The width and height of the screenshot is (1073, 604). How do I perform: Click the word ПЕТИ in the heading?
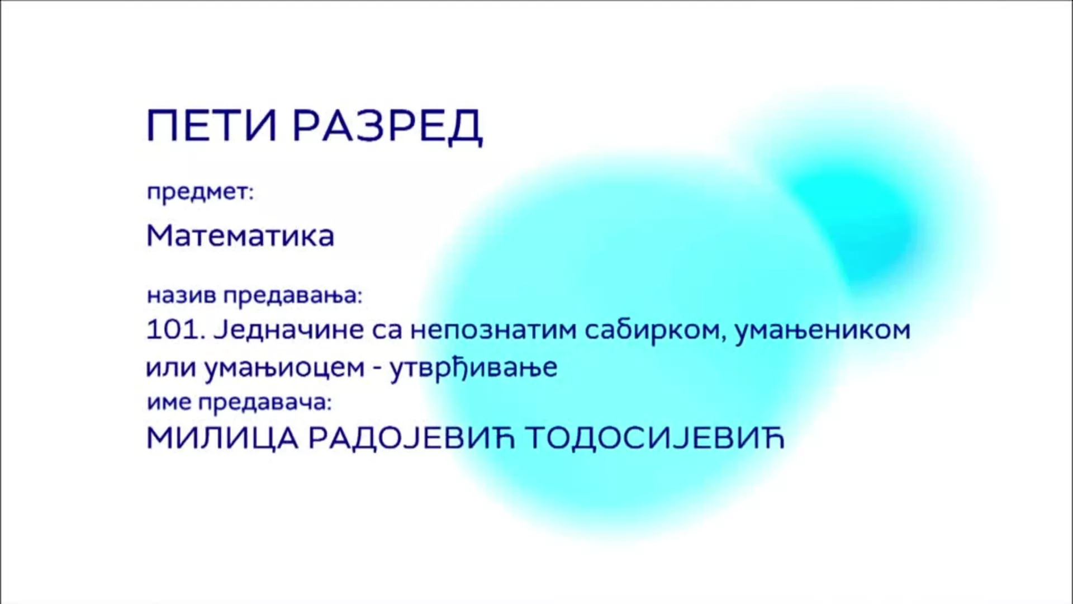[212, 125]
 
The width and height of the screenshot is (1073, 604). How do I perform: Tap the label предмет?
[200, 193]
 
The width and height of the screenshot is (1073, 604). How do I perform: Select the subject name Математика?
[240, 235]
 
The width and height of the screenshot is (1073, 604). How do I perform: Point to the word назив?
[181, 295]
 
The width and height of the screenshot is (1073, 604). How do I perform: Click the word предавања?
[293, 296]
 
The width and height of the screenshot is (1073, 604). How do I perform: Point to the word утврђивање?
[473, 368]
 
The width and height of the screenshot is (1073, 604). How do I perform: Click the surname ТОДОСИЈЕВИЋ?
[655, 438]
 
